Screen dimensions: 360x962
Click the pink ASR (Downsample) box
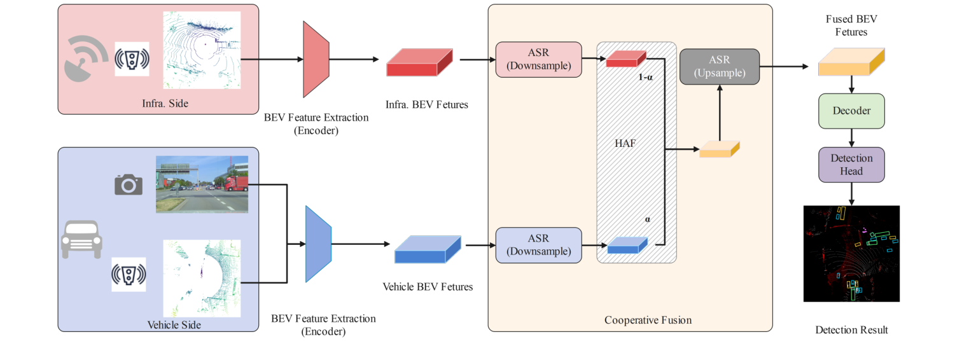(x=538, y=60)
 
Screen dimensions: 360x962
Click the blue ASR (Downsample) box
(x=538, y=245)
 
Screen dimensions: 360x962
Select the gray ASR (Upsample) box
(x=720, y=66)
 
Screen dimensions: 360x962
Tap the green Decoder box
(x=851, y=111)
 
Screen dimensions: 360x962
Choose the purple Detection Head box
(x=851, y=164)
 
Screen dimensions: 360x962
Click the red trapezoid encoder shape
(x=316, y=60)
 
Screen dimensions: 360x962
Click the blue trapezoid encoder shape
(x=318, y=244)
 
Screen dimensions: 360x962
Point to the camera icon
(x=128, y=184)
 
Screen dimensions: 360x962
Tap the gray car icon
(x=81, y=239)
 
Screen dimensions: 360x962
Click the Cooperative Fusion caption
(x=647, y=320)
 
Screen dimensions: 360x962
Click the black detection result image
(x=851, y=253)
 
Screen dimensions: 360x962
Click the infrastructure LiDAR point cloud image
(x=202, y=50)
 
